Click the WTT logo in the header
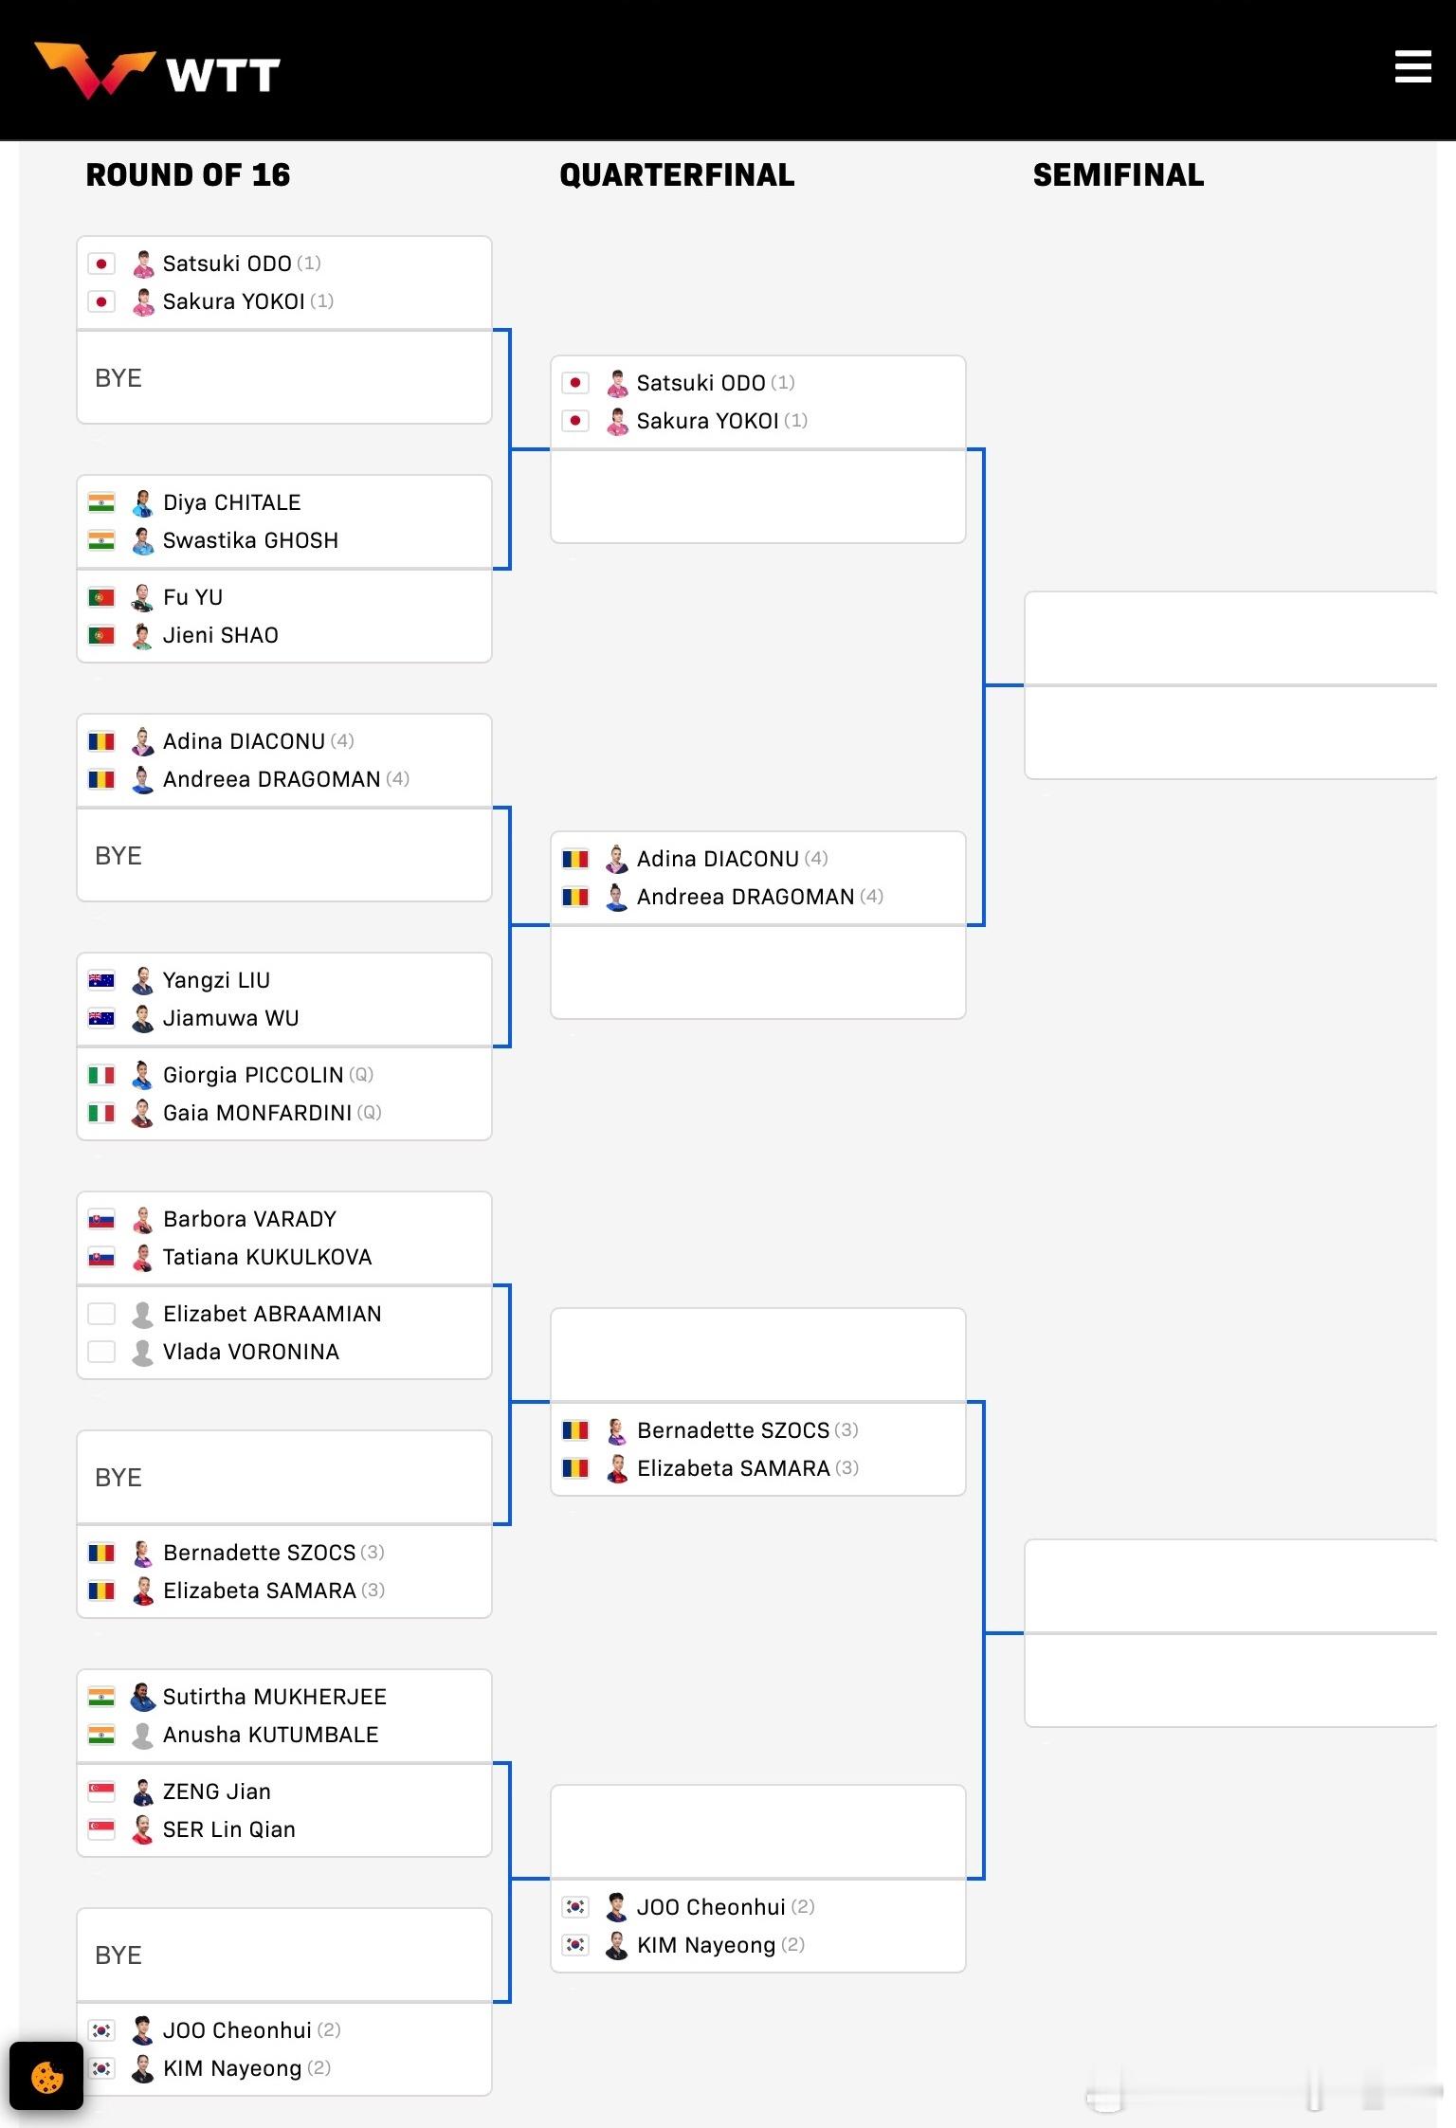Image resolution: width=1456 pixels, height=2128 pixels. (157, 72)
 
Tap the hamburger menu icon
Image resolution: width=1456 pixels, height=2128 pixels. (1412, 67)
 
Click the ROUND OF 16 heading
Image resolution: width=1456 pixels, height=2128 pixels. (188, 175)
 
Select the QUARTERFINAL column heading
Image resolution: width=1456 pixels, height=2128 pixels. (677, 175)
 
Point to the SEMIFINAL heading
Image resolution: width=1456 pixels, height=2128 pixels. (1118, 175)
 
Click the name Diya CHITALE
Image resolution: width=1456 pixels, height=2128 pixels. (231, 502)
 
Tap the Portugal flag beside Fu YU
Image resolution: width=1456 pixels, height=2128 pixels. (101, 598)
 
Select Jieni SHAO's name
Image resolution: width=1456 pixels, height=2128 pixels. (220, 635)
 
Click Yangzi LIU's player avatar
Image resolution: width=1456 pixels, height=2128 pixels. (142, 980)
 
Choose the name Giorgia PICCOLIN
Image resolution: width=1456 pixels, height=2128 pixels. (252, 1075)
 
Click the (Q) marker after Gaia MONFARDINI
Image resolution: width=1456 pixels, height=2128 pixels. (369, 1113)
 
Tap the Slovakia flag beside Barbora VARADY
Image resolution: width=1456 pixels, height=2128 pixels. (101, 1219)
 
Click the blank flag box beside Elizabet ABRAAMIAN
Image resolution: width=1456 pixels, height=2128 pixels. (101, 1314)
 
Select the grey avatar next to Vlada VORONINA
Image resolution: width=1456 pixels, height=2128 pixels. (142, 1352)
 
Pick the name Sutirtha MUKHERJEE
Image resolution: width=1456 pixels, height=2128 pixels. (274, 1697)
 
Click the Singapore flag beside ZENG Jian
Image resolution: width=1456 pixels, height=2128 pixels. (101, 1792)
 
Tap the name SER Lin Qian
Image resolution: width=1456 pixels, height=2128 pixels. (228, 1829)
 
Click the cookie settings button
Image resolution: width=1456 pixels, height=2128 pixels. (46, 2076)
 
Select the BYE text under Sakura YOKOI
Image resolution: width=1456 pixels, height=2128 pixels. (118, 378)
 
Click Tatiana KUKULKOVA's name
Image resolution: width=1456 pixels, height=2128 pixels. (266, 1257)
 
